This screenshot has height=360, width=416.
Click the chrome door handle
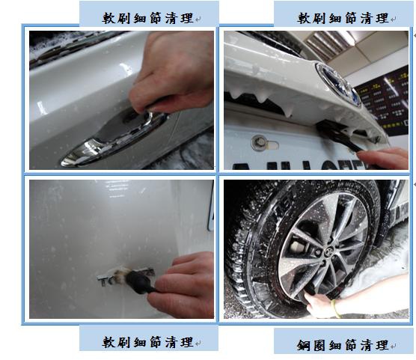[111, 141]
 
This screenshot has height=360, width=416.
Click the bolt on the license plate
[258, 142]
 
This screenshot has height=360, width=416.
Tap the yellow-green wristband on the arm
[336, 309]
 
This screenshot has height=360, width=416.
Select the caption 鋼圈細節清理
[342, 345]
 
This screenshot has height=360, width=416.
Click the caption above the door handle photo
[147, 18]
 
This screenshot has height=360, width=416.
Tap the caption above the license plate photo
[343, 18]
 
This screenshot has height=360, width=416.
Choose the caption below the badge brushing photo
[147, 342]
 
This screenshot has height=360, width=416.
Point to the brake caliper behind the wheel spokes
[295, 247]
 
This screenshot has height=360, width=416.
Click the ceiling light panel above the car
[329, 43]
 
